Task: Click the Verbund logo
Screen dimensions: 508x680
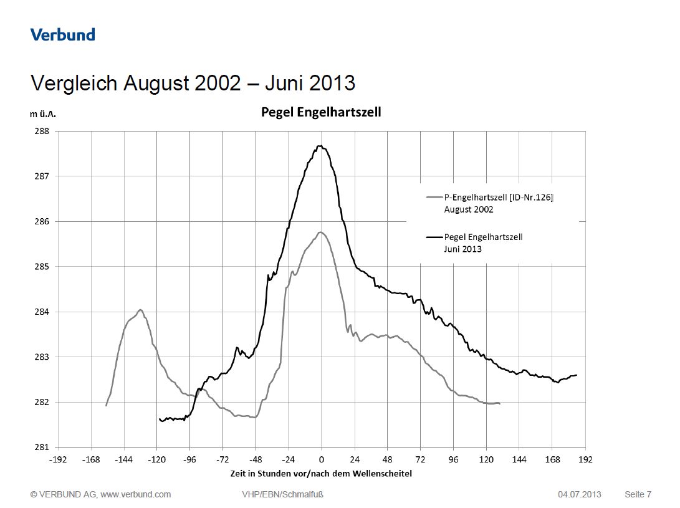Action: click(x=63, y=34)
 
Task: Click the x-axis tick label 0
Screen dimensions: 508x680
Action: click(x=322, y=459)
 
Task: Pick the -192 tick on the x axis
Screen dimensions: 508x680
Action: click(x=59, y=459)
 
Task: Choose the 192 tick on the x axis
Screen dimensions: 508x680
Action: click(x=585, y=459)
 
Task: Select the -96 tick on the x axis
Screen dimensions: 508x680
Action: click(x=190, y=459)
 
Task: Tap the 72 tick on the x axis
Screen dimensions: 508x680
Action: click(x=420, y=459)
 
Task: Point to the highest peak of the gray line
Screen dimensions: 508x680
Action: click(x=320, y=232)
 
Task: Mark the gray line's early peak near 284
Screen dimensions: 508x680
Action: click(x=140, y=310)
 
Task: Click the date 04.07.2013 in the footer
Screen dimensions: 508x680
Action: click(x=580, y=494)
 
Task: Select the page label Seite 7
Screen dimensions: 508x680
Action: click(x=638, y=494)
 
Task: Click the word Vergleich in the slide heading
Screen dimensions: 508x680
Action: click(x=74, y=83)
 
